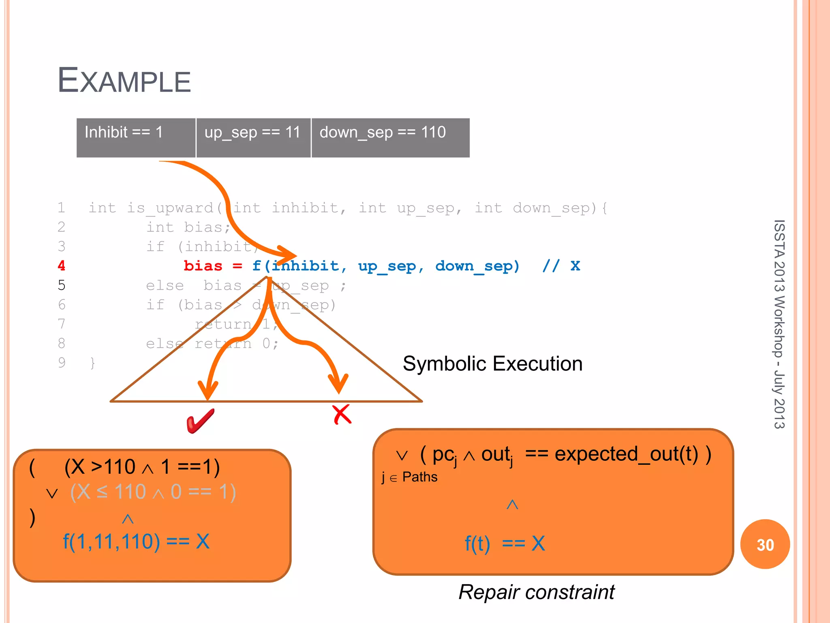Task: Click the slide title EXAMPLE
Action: tap(124, 80)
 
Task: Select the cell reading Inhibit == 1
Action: tap(135, 137)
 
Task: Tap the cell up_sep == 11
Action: tap(253, 137)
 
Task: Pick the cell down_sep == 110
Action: tap(390, 137)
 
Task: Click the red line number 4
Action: tap(61, 266)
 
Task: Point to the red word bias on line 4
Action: tap(203, 266)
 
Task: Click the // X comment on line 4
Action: tap(561, 266)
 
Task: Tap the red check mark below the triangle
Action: tap(200, 421)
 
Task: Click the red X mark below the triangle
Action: tap(342, 414)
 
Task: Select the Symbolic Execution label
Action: tap(492, 363)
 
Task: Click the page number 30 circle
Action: tap(765, 544)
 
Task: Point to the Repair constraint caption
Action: tap(536, 592)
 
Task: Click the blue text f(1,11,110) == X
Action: tap(136, 541)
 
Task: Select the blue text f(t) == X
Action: tap(505, 543)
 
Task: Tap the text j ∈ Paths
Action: tap(409, 477)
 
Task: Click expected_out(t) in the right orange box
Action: tap(626, 454)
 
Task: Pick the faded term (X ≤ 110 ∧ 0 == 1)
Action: tap(153, 492)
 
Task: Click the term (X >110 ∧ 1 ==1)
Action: tap(142, 466)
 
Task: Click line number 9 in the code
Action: tap(61, 362)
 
